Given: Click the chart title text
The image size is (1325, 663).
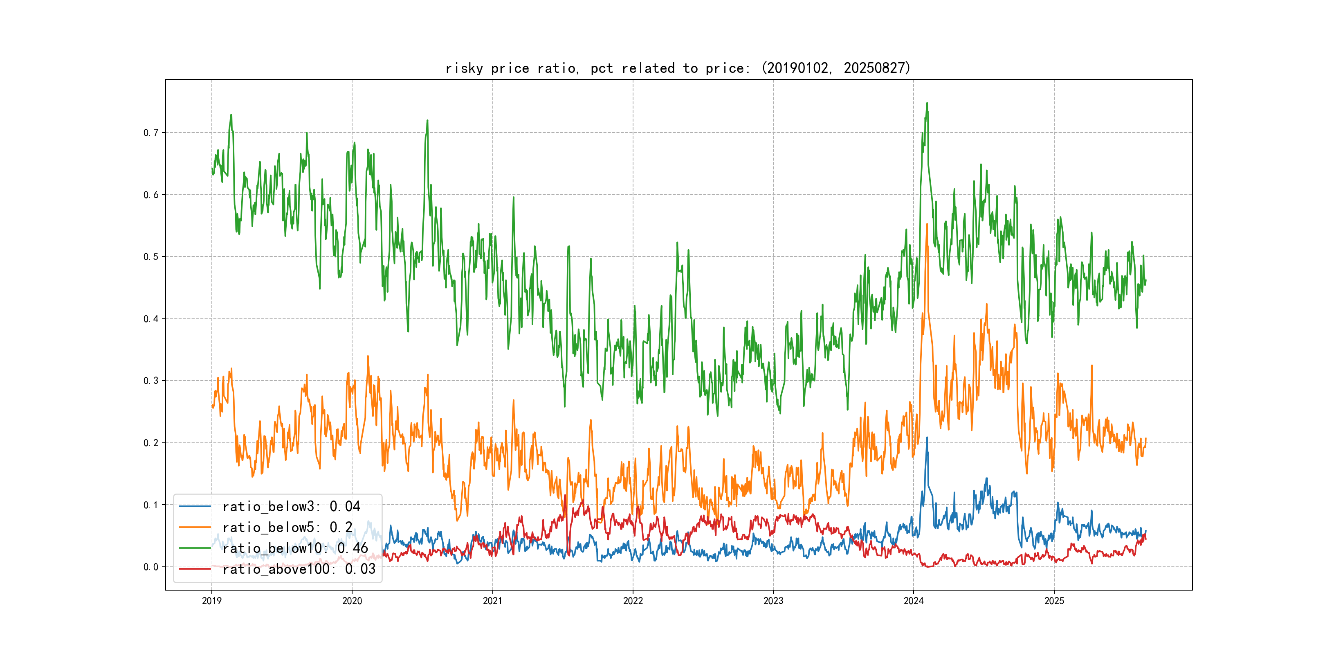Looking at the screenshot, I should (678, 68).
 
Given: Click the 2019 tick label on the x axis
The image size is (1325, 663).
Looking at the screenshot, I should (211, 601).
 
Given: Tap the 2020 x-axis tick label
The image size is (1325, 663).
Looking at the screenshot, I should (352, 601).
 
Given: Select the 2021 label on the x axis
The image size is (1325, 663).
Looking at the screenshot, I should (492, 601).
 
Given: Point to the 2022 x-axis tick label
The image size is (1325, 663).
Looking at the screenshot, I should (633, 601).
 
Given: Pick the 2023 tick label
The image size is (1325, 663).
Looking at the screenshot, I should (773, 601).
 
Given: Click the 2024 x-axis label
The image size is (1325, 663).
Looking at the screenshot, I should (914, 601).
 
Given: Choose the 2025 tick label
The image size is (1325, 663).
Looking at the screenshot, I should (1054, 601).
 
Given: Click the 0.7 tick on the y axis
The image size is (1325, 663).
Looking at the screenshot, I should (151, 133).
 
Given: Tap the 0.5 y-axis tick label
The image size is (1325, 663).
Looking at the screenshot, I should (151, 257).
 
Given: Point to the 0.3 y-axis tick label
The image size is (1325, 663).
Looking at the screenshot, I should (151, 381).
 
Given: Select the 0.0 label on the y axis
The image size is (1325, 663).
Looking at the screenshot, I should (151, 567).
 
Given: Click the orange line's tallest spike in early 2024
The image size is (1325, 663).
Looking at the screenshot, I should (927, 224).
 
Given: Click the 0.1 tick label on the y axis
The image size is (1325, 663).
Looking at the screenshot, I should (151, 505).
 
